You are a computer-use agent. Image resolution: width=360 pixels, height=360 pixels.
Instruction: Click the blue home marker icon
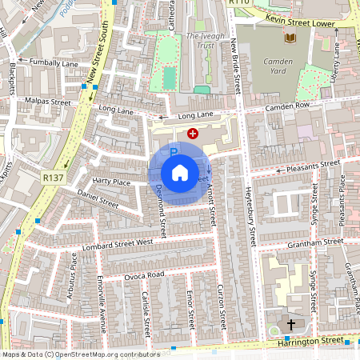tap(180, 173)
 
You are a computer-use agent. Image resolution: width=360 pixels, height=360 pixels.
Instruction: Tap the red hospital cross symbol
tap(193, 134)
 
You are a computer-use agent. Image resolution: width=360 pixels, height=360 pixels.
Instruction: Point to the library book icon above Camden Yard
tap(289, 38)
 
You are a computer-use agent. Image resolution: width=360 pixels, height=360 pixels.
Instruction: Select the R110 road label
tap(239, 3)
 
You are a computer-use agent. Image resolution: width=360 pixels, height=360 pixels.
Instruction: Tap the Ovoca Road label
tap(144, 274)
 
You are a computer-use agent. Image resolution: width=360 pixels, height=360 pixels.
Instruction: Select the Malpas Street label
tap(49, 102)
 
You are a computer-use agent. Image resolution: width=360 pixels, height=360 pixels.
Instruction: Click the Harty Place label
tap(110, 182)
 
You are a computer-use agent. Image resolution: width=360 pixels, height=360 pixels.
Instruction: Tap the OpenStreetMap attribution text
tap(80, 354)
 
